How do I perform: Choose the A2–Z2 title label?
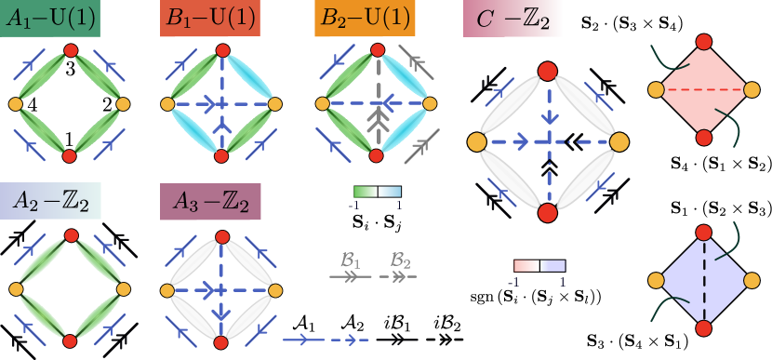point(51,200)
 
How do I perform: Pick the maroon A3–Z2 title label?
point(210,202)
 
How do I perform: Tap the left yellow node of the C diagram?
point(476,141)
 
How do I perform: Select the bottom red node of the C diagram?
point(547,213)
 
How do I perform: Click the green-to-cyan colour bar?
point(377,193)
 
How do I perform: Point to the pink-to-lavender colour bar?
point(539,266)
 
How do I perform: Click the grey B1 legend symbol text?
point(350,259)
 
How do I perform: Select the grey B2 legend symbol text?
point(400,259)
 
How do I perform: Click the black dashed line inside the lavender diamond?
point(703,280)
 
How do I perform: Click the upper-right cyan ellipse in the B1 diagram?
point(249,73)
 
